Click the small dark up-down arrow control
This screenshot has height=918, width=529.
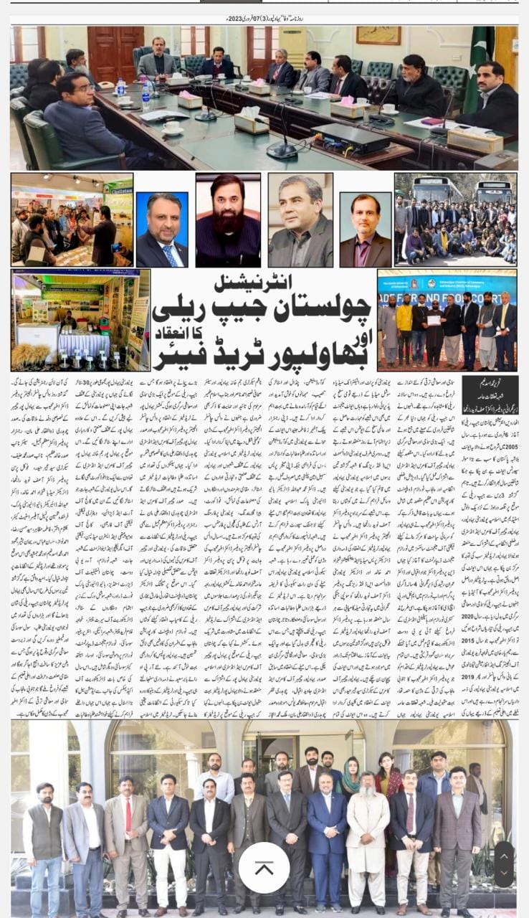tap(504, 864)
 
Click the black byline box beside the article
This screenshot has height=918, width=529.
tap(490, 388)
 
